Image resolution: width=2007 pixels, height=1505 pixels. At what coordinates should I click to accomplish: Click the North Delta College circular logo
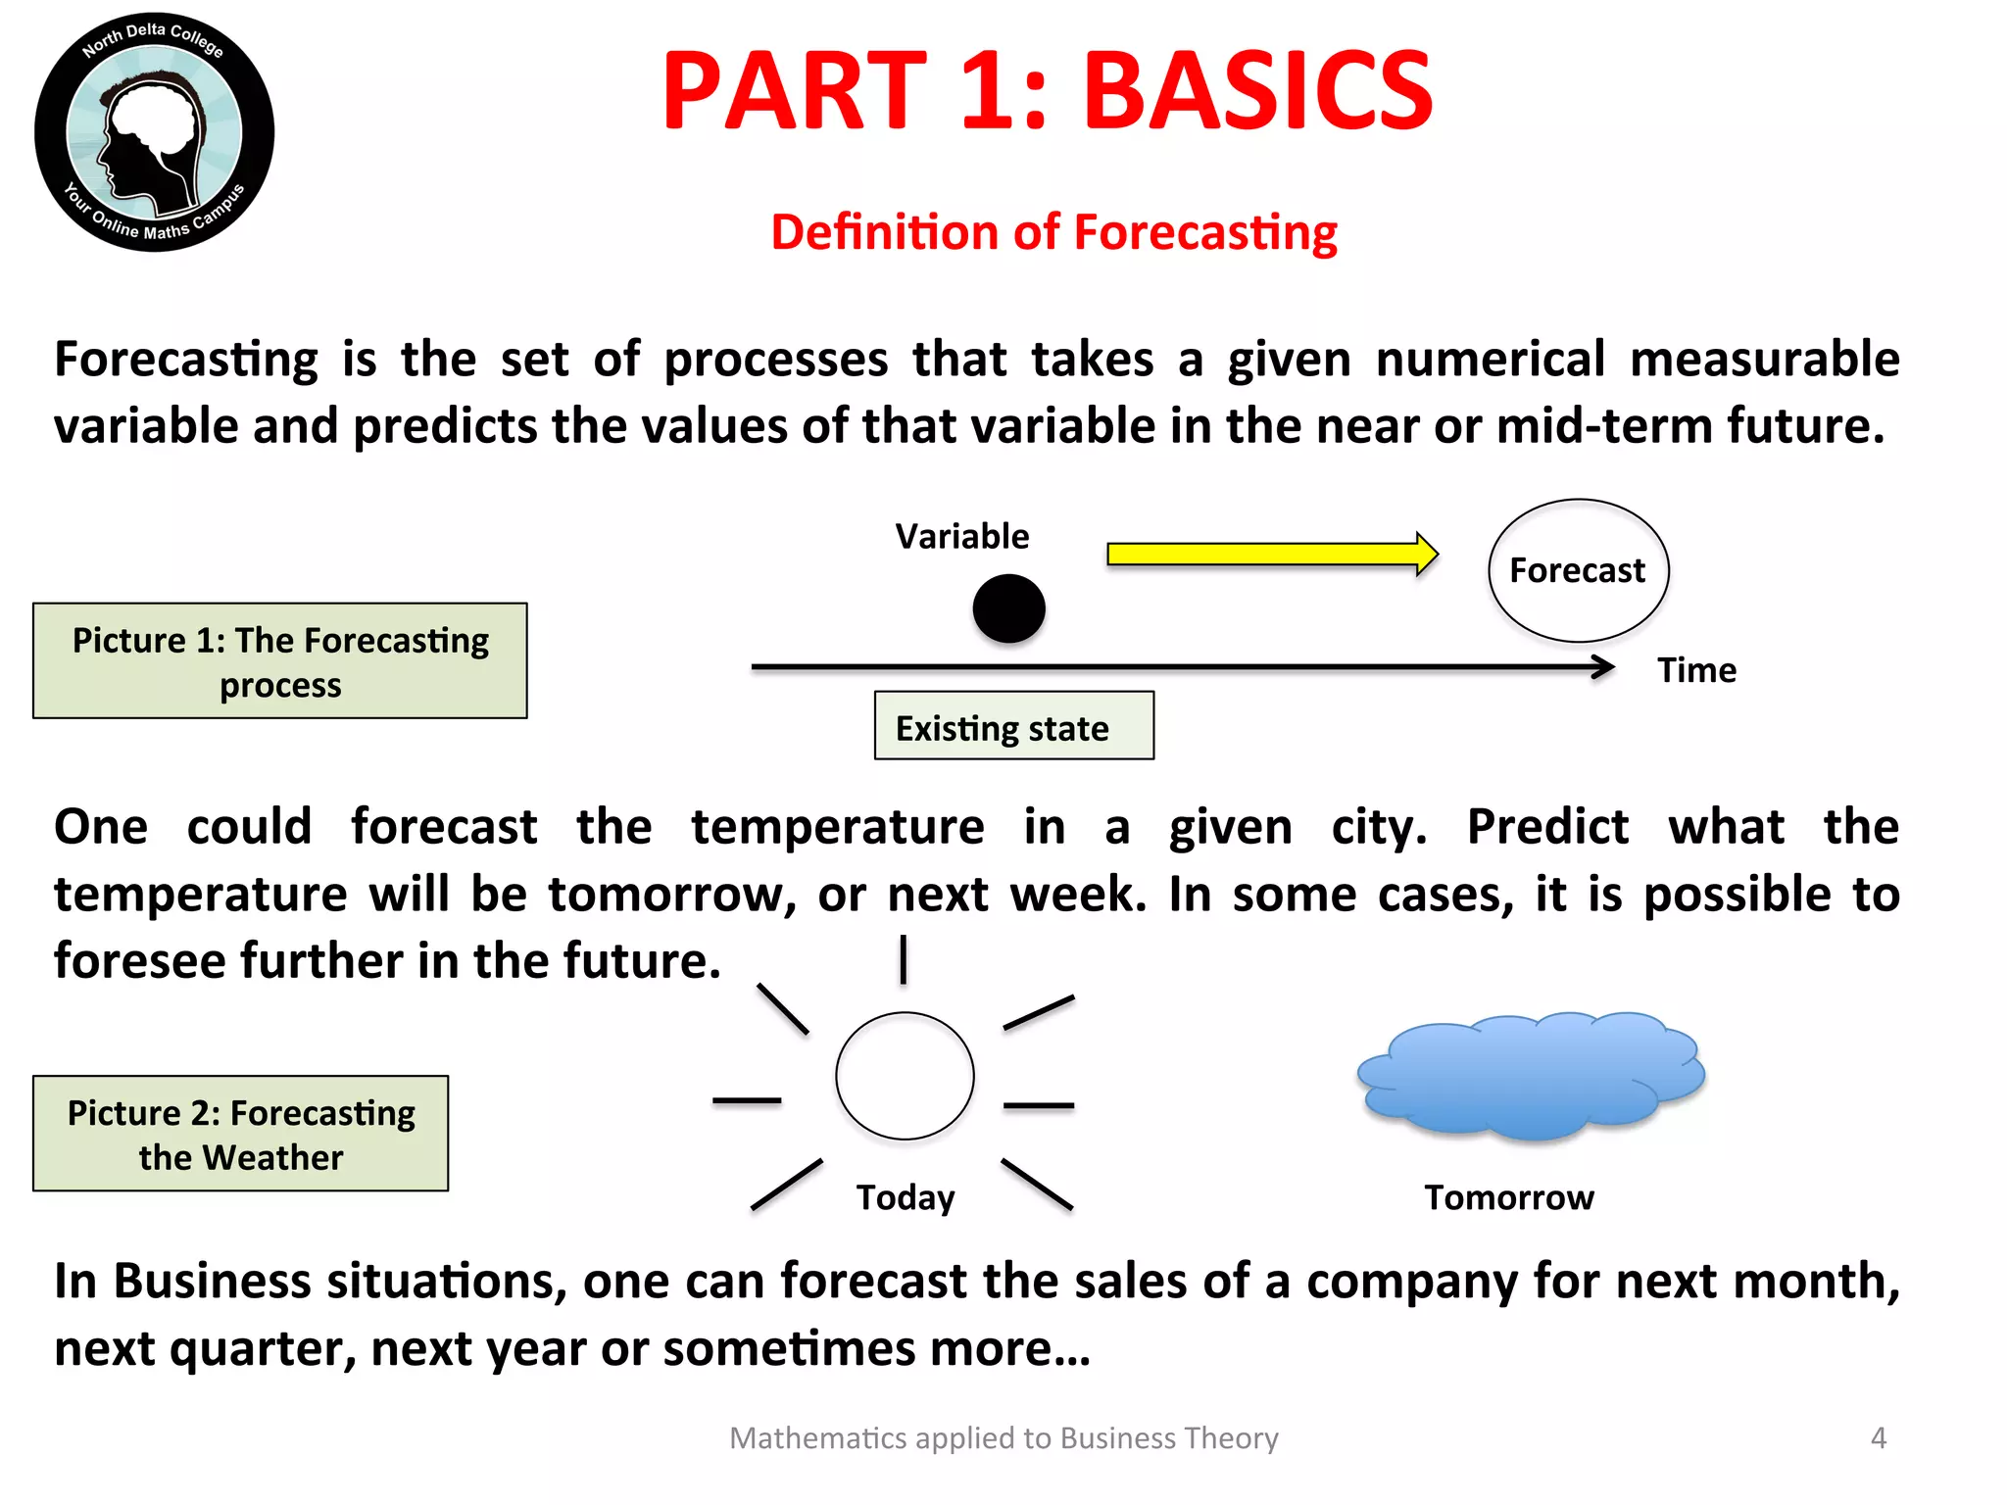coord(154,132)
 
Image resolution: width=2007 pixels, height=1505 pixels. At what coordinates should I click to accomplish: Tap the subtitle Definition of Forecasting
coord(1053,232)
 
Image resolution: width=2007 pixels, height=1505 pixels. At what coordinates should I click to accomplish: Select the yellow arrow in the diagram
coord(1271,555)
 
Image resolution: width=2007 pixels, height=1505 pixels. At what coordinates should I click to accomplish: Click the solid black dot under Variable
coord(1008,608)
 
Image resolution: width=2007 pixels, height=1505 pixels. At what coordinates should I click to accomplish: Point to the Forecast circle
coord(1578,570)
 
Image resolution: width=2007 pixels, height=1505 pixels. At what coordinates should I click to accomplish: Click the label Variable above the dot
coord(961,536)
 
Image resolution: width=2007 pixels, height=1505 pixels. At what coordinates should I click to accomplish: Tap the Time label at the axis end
coord(1696,670)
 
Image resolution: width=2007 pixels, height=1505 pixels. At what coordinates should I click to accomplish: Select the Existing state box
coord(1013,726)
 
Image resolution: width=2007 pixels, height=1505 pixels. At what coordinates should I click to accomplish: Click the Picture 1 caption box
coord(280,661)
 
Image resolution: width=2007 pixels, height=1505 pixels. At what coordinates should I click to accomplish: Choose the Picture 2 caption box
coord(241,1134)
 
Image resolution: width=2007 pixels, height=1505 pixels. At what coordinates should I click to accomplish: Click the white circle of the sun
coord(905,1076)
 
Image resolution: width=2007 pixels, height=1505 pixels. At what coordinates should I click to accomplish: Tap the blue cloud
coord(1532,1076)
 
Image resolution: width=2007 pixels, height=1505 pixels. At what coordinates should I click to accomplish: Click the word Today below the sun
coord(906,1197)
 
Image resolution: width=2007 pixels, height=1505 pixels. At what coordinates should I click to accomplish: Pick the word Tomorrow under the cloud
coord(1509,1197)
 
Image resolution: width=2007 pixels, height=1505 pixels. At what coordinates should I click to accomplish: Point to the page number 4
coord(1878,1437)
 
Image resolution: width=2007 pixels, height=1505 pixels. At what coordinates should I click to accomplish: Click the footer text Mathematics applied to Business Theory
coord(1003,1437)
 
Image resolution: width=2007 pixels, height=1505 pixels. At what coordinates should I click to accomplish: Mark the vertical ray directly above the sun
coord(903,959)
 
